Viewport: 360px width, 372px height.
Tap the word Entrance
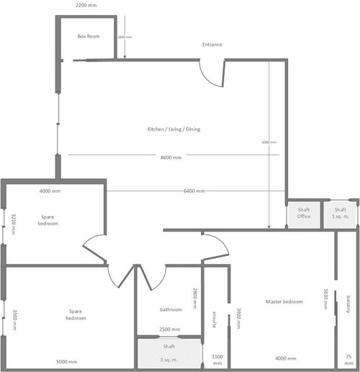tap(212, 45)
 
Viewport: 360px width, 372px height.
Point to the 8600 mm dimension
tap(171, 156)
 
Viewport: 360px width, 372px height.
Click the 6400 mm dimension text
tap(194, 191)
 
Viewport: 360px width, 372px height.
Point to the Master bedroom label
tap(284, 301)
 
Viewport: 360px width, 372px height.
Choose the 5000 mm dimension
tap(67, 362)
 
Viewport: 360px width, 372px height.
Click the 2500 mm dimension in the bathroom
tap(171, 329)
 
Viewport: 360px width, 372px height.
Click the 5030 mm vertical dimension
tap(326, 298)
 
